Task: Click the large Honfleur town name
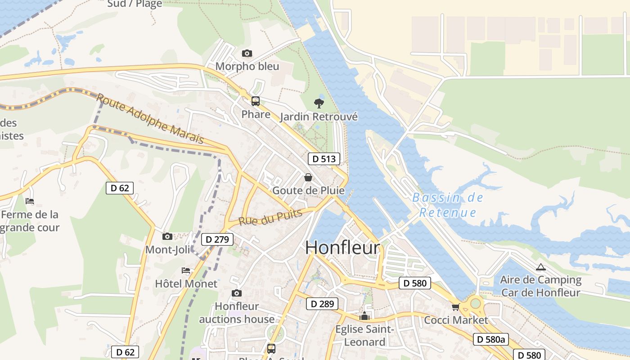coord(342,248)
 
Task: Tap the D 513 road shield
coord(324,158)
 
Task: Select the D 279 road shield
coord(217,239)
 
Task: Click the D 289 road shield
coord(322,304)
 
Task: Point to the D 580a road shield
coord(490,339)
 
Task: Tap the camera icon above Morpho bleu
coord(247,54)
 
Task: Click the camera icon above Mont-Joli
coord(167,236)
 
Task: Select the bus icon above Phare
coord(256,101)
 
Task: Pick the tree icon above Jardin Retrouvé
coord(319,103)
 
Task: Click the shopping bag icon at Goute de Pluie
coord(308,177)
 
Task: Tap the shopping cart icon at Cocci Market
coord(455,307)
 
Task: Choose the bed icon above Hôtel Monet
coord(185,270)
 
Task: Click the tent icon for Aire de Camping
coord(540,267)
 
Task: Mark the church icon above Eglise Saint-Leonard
coord(364,316)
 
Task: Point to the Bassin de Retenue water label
coord(448,205)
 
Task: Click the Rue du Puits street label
coord(270,218)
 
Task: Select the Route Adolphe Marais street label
coord(150,119)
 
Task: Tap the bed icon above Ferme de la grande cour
coord(30,201)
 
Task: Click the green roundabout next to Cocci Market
coord(476,303)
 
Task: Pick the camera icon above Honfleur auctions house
coord(236,293)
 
